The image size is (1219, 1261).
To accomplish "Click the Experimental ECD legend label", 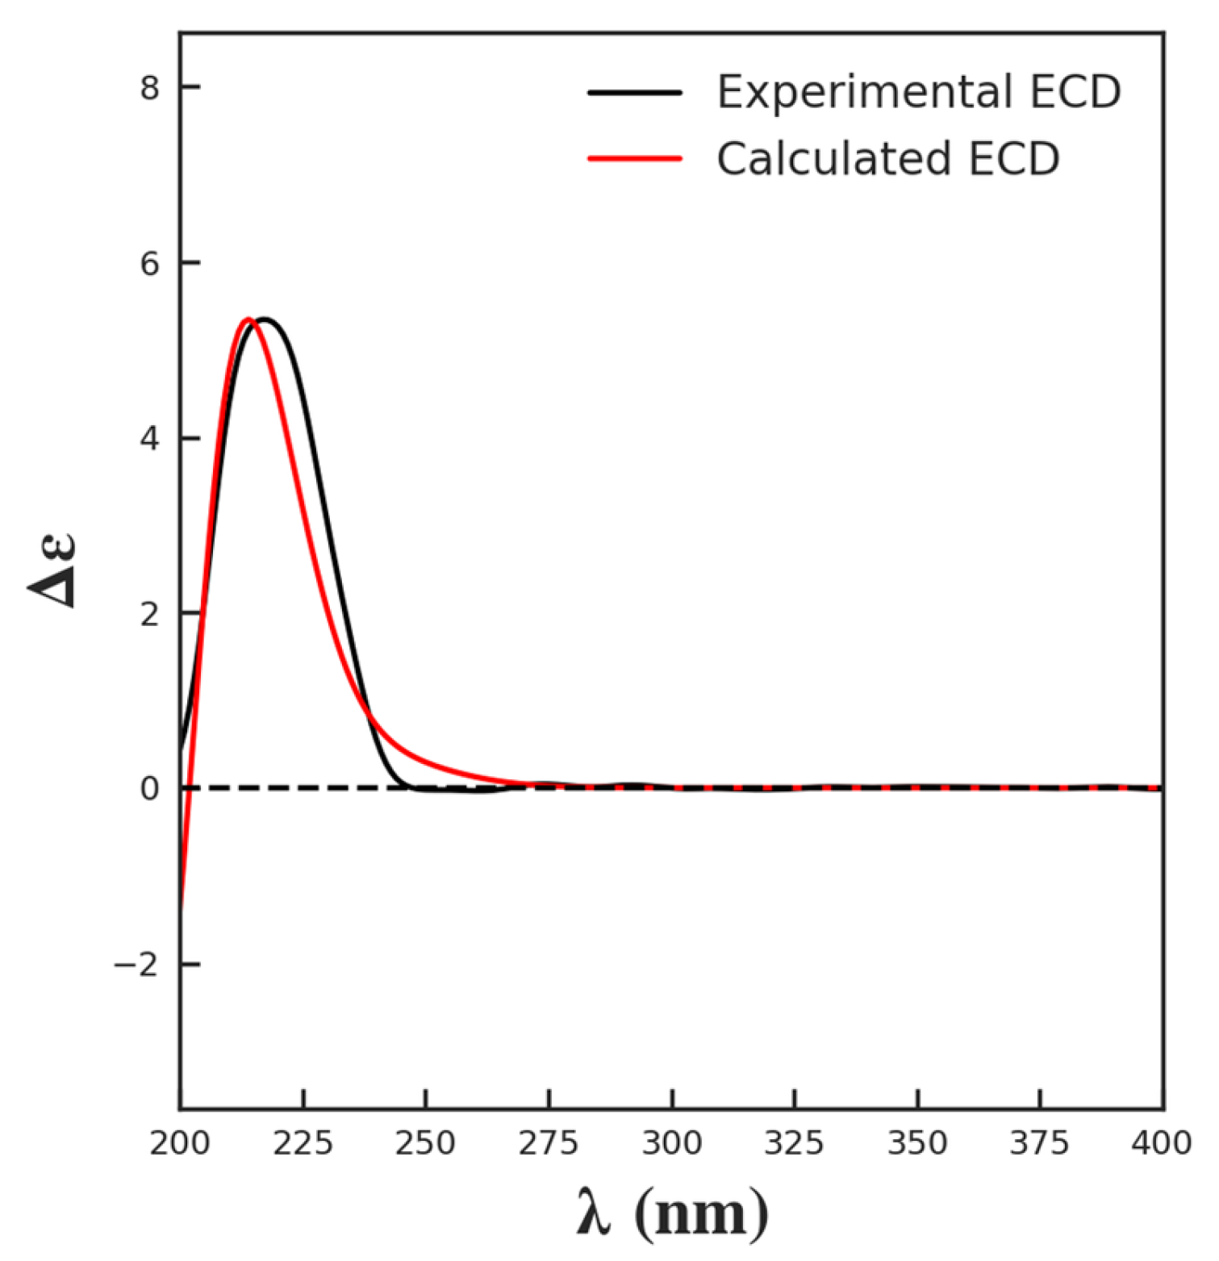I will tap(918, 92).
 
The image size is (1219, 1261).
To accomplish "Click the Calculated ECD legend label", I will tap(887, 159).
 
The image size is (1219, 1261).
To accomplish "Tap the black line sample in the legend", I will tap(635, 93).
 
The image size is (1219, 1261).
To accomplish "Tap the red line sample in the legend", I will tap(635, 159).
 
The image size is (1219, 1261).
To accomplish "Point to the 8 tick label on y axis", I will tap(149, 87).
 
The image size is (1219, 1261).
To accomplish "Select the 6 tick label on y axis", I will tap(149, 263).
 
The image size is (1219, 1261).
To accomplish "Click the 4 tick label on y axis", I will tap(149, 438).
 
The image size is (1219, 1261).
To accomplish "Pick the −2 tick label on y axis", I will tap(136, 964).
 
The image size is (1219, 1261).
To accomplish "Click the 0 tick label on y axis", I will tap(149, 788).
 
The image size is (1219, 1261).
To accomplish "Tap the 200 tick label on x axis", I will tap(180, 1143).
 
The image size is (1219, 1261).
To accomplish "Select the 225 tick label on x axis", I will tap(303, 1143).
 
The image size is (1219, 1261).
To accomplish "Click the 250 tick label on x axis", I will tap(426, 1143).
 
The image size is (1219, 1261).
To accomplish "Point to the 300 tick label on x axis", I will tap(672, 1143).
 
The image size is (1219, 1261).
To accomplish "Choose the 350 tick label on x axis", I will tap(917, 1143).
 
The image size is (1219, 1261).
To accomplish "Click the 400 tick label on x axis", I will tap(1162, 1143).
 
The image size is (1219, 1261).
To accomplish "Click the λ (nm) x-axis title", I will tap(672, 1213).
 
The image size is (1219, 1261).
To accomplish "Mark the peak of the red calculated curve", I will tap(248, 319).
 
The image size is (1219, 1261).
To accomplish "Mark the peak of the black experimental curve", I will tap(263, 319).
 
